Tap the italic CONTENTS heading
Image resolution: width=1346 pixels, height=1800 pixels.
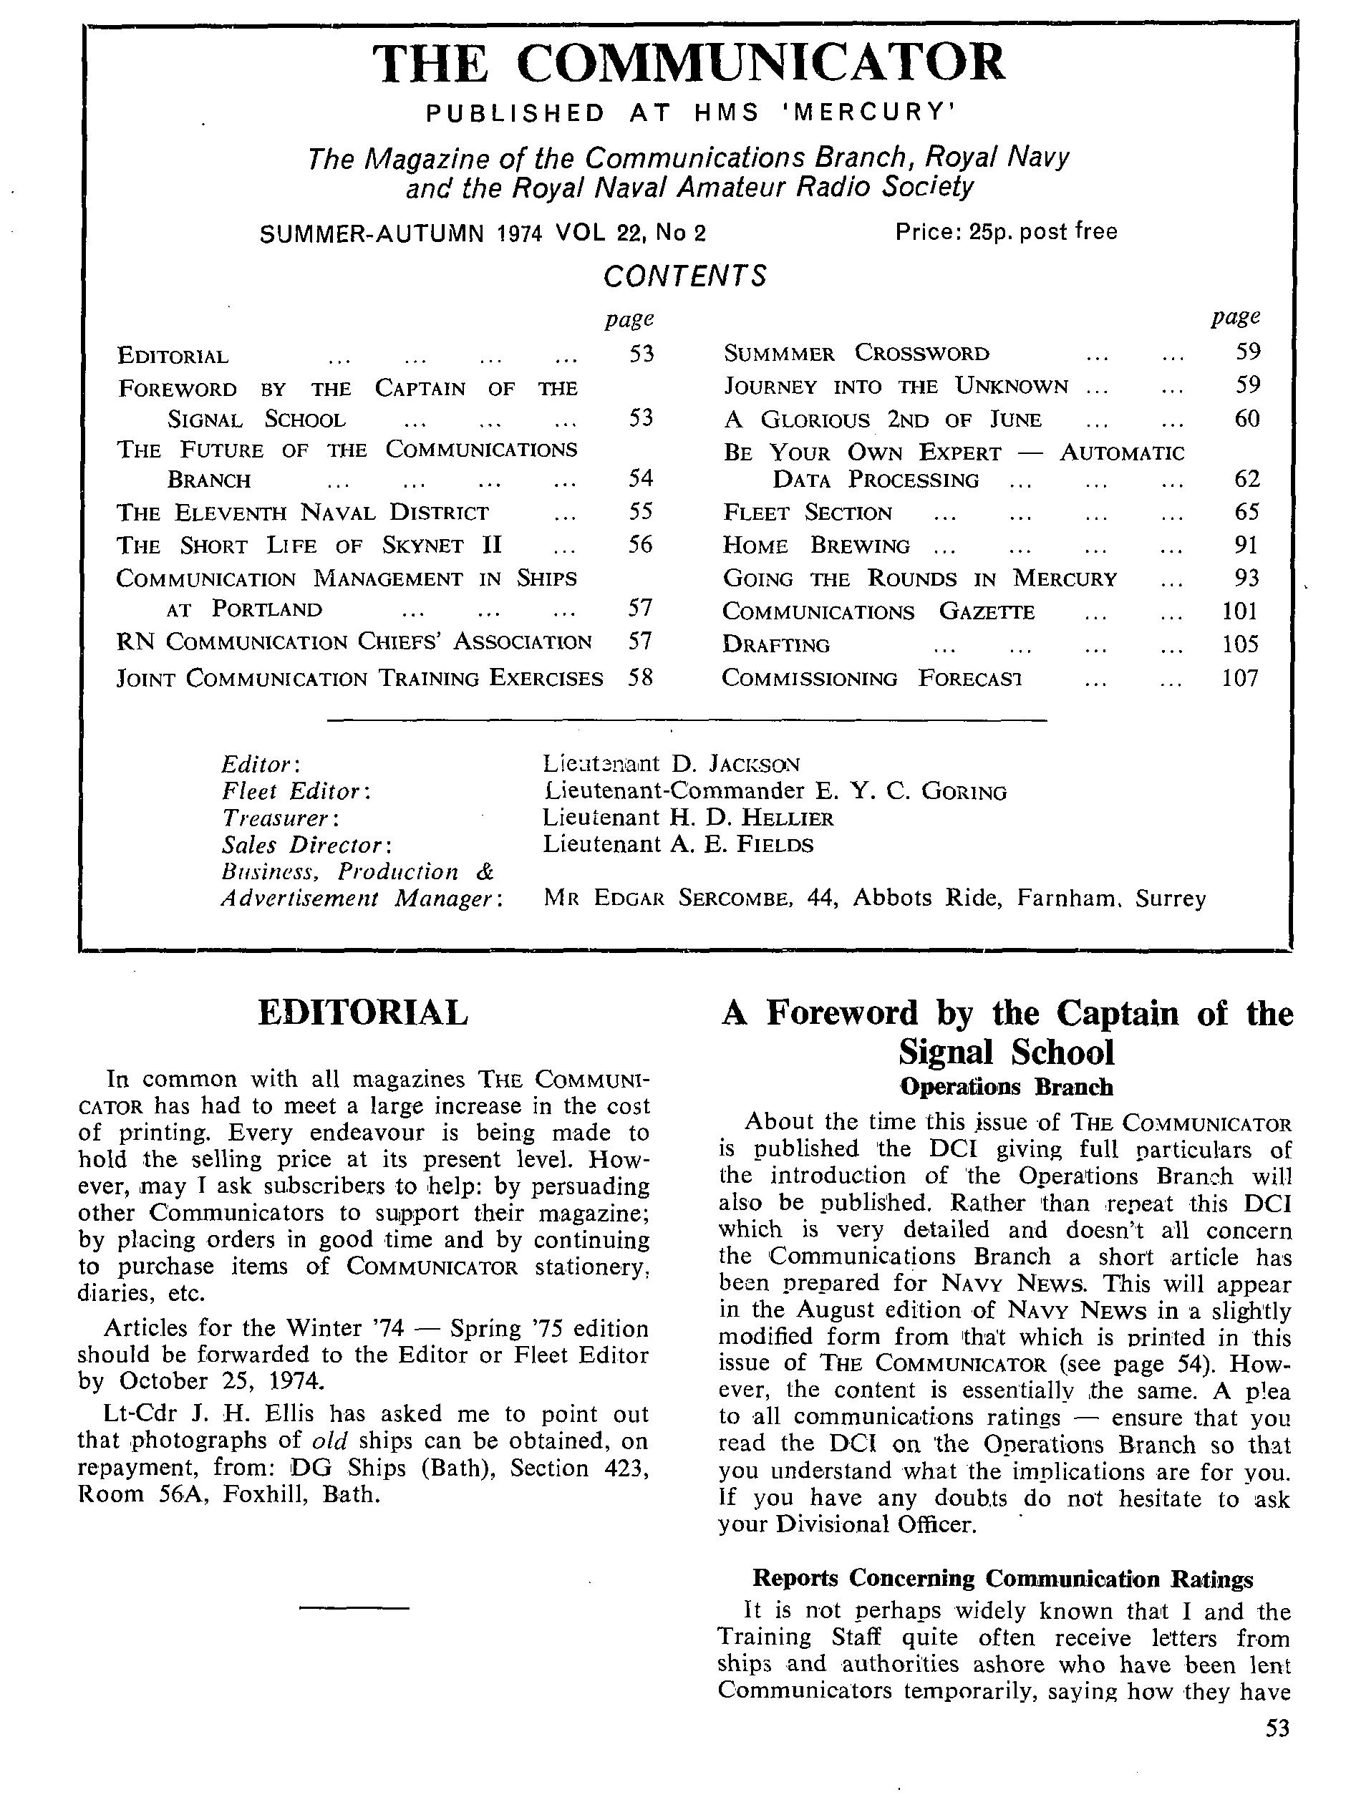(684, 276)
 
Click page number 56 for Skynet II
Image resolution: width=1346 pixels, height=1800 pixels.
(641, 544)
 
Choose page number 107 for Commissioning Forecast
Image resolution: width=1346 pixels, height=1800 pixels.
(1239, 678)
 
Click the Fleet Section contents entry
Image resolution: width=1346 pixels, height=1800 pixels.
(808, 513)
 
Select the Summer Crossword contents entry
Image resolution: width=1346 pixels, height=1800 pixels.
(856, 353)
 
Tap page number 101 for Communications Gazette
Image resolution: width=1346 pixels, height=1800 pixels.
(1239, 611)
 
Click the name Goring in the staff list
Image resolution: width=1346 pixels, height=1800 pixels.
(964, 791)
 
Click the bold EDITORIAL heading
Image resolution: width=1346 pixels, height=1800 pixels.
(363, 1013)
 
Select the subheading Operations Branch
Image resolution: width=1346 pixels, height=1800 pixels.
(1006, 1087)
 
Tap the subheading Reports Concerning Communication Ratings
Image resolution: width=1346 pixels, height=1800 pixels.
(1002, 1579)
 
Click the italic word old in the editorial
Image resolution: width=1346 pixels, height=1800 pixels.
(329, 1441)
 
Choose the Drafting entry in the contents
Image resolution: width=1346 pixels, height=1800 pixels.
(775, 645)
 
